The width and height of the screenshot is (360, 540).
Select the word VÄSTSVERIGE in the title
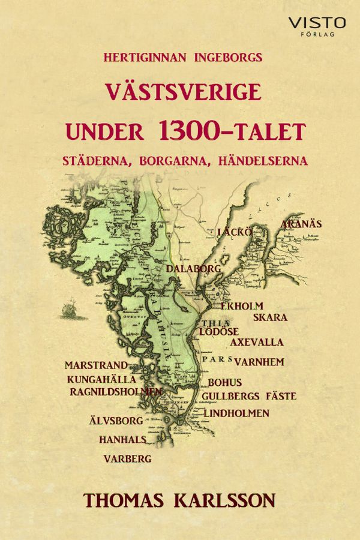coord(184,94)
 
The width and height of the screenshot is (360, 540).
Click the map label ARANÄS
coord(301,224)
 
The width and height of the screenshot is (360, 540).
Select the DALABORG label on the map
coord(194,268)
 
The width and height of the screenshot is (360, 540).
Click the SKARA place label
coord(270,317)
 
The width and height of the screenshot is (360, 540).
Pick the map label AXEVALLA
coord(257,343)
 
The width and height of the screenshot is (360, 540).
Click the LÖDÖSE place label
coord(220,331)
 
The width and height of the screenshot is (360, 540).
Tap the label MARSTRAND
coord(96,365)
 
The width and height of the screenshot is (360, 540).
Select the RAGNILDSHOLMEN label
coord(116,391)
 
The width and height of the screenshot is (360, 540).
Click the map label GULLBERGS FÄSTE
coord(249,396)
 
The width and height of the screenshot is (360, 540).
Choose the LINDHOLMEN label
coord(236,413)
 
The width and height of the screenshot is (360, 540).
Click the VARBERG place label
coord(127,458)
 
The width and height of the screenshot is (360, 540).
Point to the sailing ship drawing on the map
coord(70,311)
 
